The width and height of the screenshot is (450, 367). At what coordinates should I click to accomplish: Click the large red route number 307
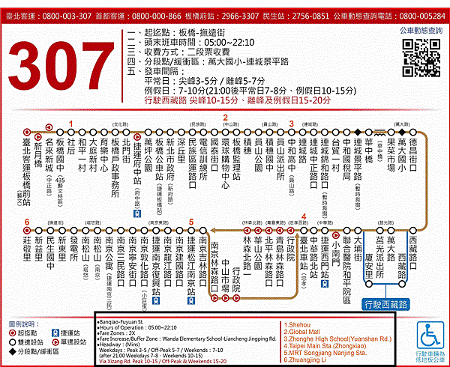(x=64, y=72)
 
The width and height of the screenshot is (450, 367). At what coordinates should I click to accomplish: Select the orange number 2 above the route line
(x=225, y=118)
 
